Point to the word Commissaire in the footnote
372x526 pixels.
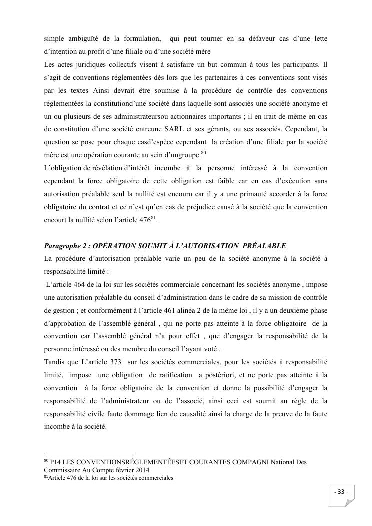[x=62, y=470]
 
